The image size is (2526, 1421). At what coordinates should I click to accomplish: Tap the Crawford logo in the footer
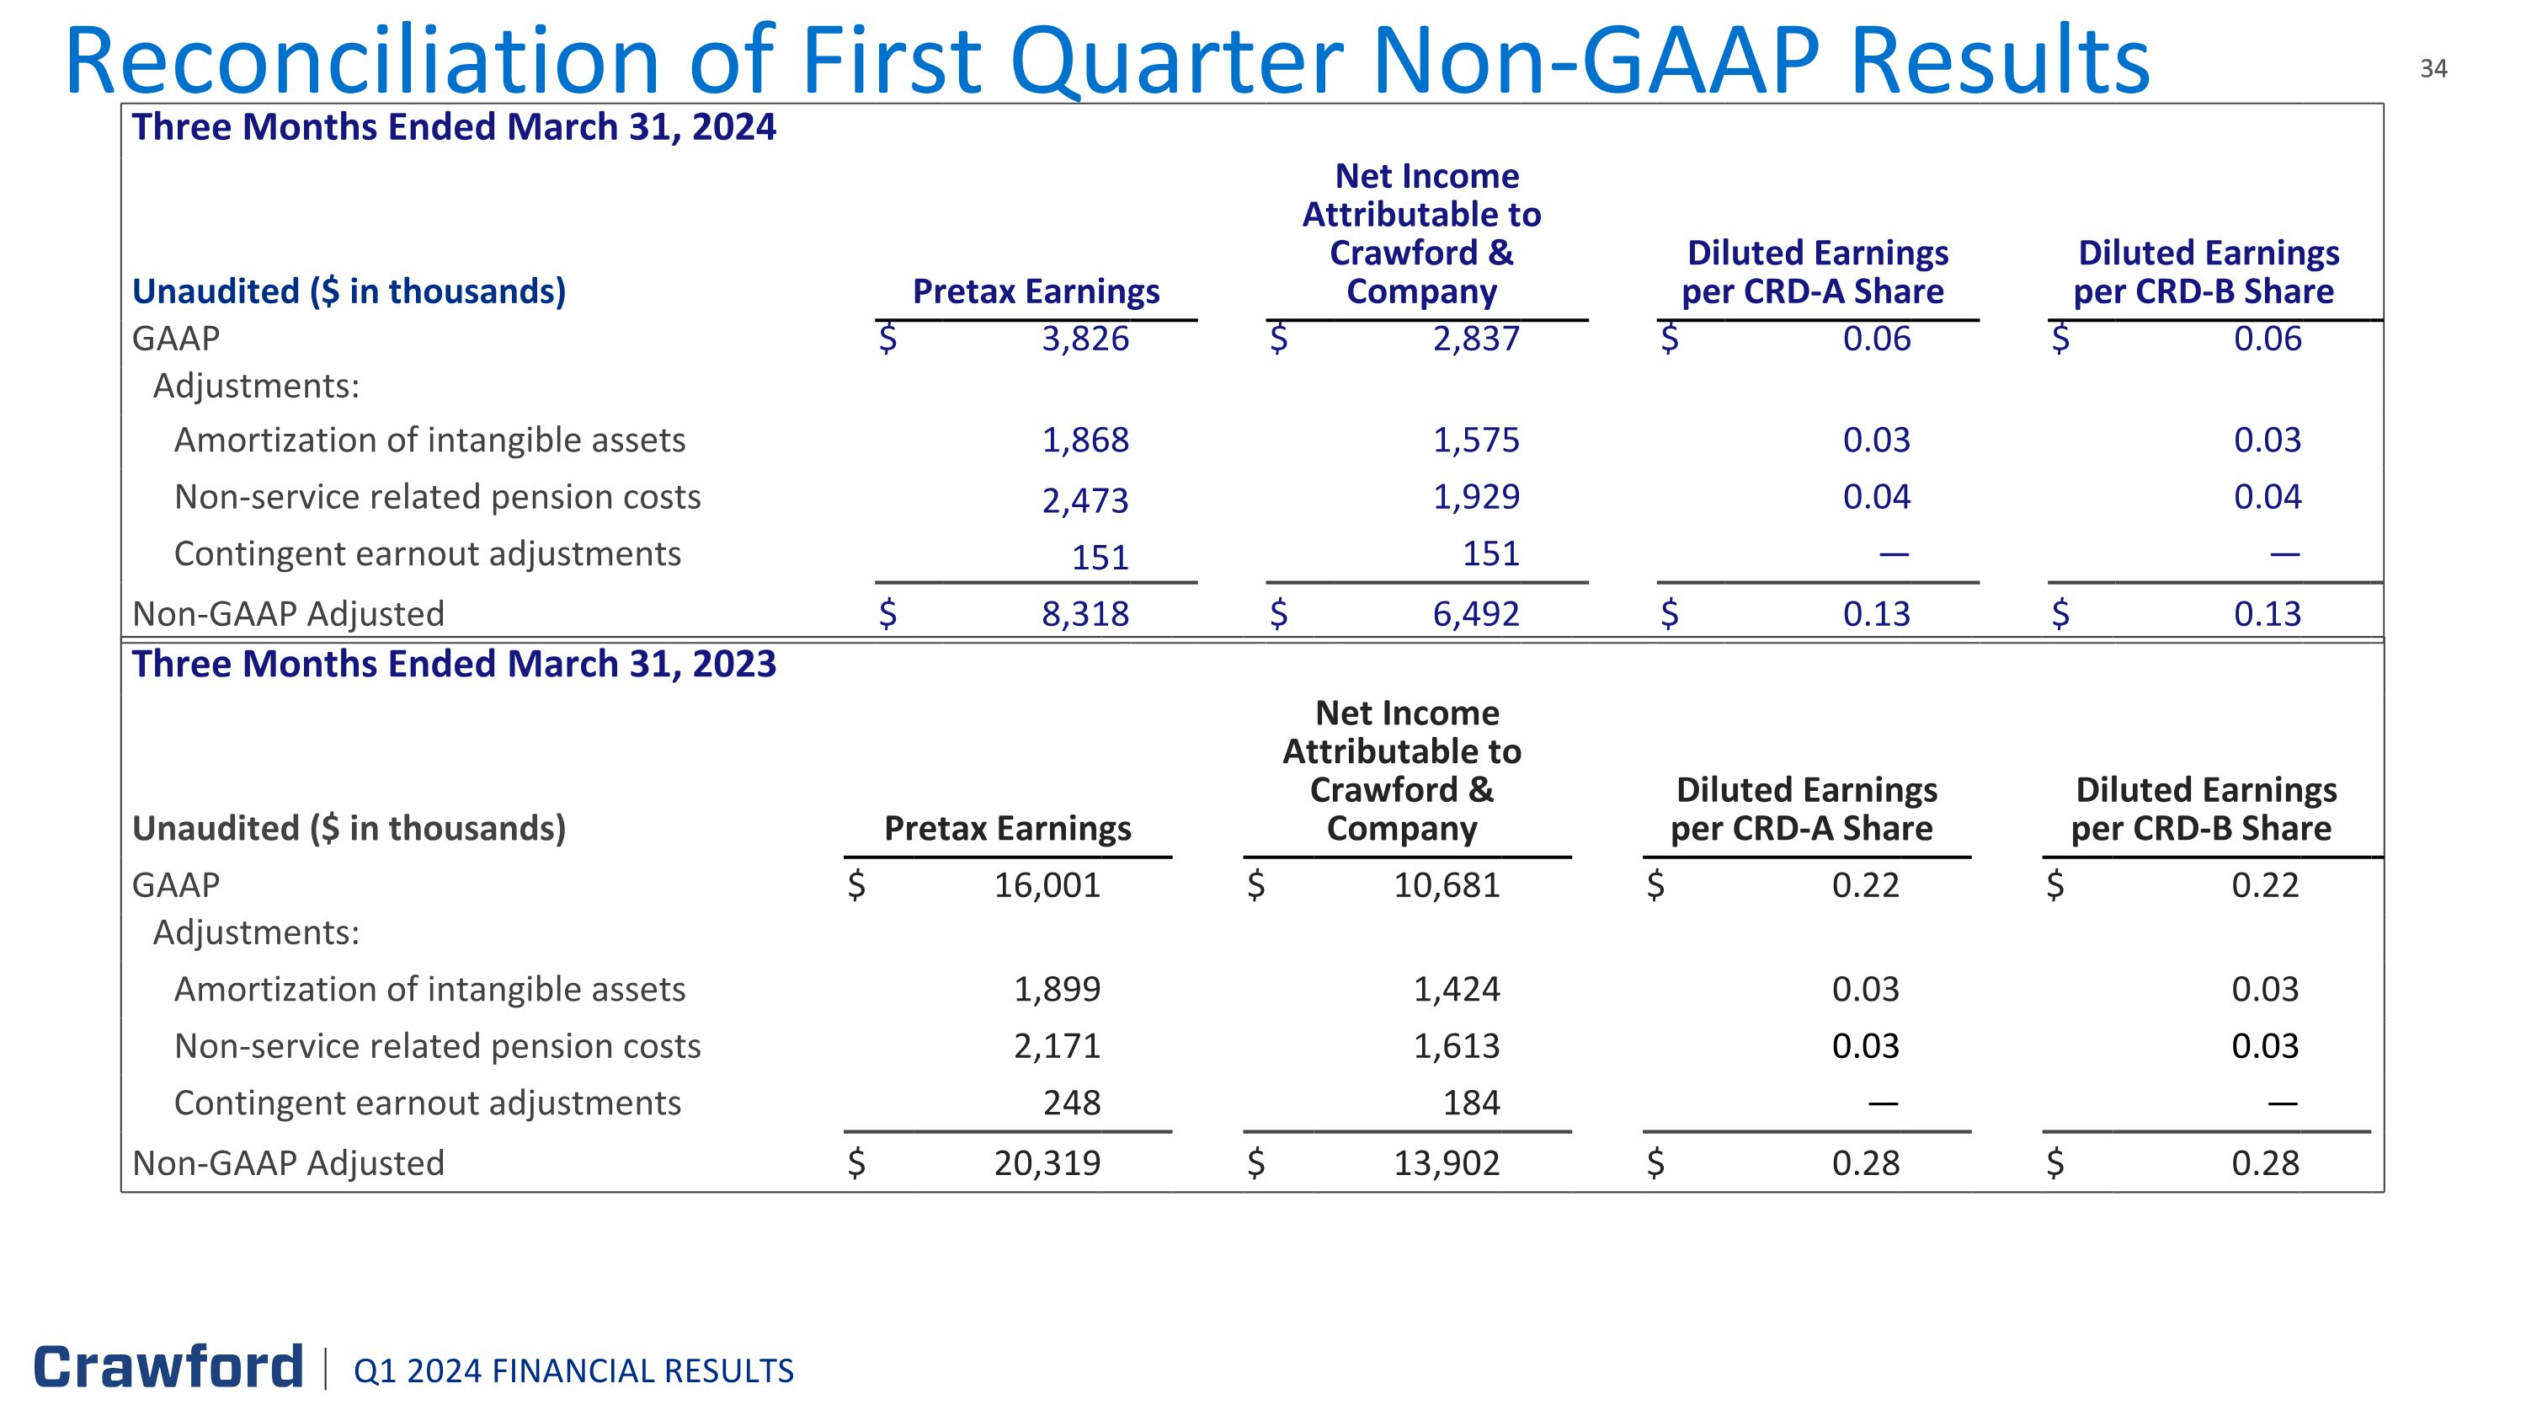tap(168, 1367)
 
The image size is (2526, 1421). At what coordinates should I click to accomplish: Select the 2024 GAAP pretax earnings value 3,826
tap(1084, 339)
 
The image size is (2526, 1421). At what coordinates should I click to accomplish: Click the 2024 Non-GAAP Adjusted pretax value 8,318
tap(1084, 614)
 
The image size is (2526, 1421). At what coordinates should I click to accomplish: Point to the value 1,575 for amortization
tap(1476, 441)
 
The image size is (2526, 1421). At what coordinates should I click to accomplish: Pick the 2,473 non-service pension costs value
tap(1084, 501)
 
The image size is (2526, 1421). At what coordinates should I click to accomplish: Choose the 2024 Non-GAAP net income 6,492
tap(1476, 614)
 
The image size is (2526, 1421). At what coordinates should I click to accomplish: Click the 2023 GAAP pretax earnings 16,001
tap(1047, 885)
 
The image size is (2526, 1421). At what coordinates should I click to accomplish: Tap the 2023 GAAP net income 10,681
tap(1447, 885)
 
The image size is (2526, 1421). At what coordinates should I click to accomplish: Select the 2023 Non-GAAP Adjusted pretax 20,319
tap(1047, 1163)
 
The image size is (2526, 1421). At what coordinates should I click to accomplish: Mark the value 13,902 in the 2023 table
tap(1447, 1163)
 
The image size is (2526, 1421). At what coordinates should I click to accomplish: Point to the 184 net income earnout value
tap(1471, 1103)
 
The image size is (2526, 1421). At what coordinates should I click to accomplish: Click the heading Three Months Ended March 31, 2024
tap(454, 127)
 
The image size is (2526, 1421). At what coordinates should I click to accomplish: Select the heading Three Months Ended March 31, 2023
tap(454, 665)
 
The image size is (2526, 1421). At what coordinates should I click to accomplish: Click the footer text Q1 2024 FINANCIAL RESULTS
tap(573, 1371)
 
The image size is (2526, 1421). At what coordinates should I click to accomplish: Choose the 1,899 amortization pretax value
tap(1056, 990)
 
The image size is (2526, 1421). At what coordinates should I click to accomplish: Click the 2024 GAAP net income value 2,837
tap(1476, 339)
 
